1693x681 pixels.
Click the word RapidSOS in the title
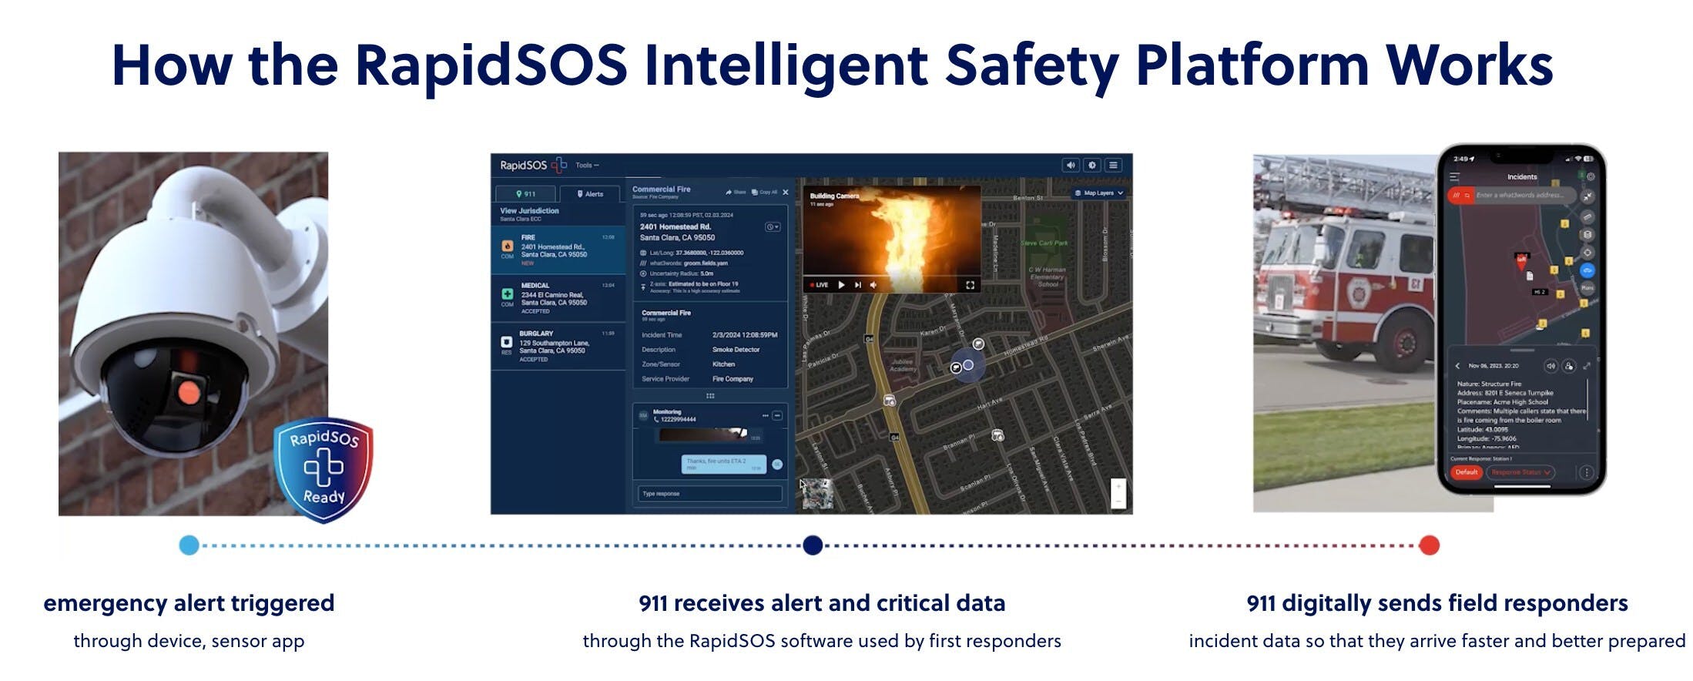coord(491,66)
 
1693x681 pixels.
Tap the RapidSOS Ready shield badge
coord(324,468)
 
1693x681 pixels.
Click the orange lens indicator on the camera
coord(189,393)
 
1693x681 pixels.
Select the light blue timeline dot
coord(189,545)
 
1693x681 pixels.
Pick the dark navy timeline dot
coord(813,545)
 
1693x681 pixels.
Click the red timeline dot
coord(1430,545)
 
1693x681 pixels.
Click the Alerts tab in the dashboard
coord(591,194)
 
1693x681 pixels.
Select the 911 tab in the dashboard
coord(526,194)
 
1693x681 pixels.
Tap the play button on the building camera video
coord(841,285)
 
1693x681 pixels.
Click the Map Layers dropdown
coord(1099,193)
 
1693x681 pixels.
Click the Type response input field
coord(709,494)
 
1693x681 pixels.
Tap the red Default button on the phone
coord(1466,472)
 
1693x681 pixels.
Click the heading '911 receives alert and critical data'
coord(822,603)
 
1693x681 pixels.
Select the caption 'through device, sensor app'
coord(189,641)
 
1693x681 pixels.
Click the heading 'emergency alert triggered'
coord(189,603)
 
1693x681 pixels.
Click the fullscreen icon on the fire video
coord(970,285)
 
